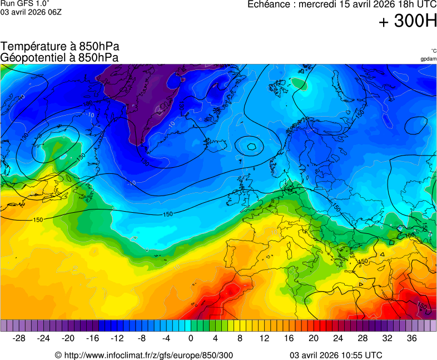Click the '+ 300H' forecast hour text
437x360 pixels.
pyautogui.click(x=408, y=21)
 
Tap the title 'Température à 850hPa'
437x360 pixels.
pyautogui.click(x=60, y=47)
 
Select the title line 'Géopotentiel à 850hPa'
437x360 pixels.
pyautogui.click(x=59, y=57)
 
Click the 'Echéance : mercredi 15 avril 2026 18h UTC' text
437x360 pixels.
pyautogui.click(x=341, y=4)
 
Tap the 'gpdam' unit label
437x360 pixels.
pyautogui.click(x=428, y=59)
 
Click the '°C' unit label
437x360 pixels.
pyautogui.click(x=433, y=51)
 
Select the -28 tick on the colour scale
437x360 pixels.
pyautogui.click(x=19, y=338)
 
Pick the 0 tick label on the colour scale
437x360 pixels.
pyautogui.click(x=191, y=338)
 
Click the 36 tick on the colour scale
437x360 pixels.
pyautogui.click(x=411, y=338)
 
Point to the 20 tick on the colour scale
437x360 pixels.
pyautogui.click(x=314, y=338)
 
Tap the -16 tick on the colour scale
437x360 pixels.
pyautogui.click(x=92, y=338)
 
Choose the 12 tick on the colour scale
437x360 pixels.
pyautogui.click(x=264, y=338)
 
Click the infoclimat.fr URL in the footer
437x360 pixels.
pyautogui.click(x=144, y=355)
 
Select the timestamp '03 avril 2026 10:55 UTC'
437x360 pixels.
pyautogui.click(x=336, y=355)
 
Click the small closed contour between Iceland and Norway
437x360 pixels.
pyautogui.click(x=252, y=147)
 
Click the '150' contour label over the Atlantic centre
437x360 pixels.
pyautogui.click(x=167, y=214)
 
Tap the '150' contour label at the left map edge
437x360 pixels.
pyautogui.click(x=38, y=220)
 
